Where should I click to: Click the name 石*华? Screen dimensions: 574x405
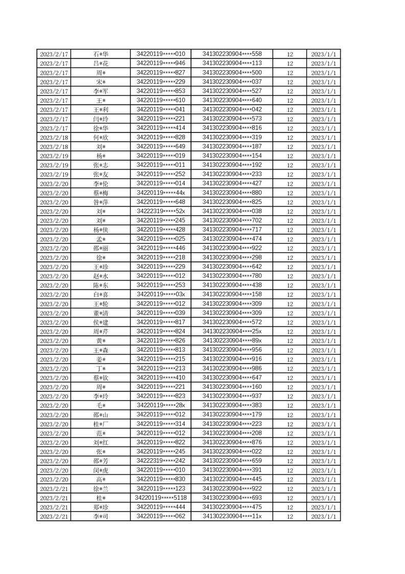101,54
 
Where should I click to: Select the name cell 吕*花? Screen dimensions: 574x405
101,63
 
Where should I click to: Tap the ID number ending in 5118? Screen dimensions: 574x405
161,498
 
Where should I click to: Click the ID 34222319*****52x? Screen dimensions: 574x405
161,211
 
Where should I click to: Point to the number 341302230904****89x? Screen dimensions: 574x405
232,341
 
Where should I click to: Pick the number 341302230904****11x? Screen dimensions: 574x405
232,516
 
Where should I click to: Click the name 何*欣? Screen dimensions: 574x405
101,138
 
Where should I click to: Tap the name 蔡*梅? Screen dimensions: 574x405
101,193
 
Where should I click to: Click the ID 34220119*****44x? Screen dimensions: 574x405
161,193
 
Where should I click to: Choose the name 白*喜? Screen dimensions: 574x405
101,295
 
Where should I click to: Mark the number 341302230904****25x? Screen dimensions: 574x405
232,332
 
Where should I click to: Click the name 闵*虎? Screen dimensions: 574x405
101,470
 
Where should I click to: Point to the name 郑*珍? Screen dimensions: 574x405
101,507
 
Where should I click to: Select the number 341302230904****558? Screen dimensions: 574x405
232,54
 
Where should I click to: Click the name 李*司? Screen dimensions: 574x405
101,516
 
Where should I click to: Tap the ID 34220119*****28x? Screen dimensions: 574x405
161,406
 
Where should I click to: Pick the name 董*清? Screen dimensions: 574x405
101,313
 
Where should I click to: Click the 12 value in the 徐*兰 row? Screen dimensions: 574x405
290,489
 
